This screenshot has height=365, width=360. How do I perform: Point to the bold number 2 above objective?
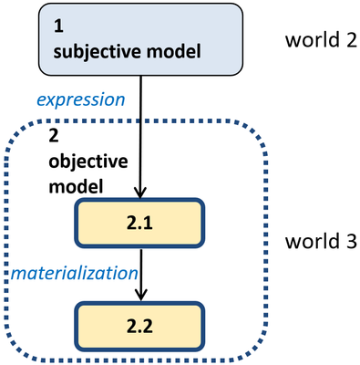pos(51,135)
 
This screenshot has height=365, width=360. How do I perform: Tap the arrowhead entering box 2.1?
pos(139,194)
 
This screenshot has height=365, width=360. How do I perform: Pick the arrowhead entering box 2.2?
pos(139,295)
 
